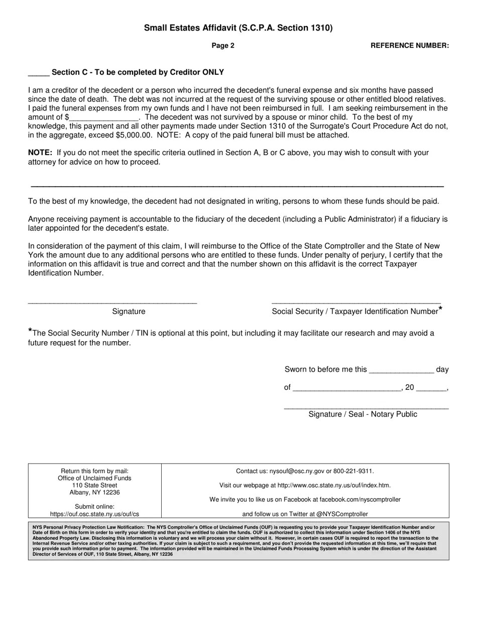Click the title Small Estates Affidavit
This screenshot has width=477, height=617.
pos(238,28)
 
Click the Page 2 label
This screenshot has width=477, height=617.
pos(223,46)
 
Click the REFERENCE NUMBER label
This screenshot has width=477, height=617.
pos(409,46)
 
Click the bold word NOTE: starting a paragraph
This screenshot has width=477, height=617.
pos(40,152)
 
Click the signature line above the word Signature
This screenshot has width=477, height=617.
pos(112,302)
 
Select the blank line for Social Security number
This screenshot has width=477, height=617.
pos(356,302)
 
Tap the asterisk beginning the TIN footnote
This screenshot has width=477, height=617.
pos(30,331)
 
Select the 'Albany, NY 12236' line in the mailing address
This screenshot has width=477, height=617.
pos(94,493)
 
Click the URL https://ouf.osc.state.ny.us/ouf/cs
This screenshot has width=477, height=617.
pos(94,514)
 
